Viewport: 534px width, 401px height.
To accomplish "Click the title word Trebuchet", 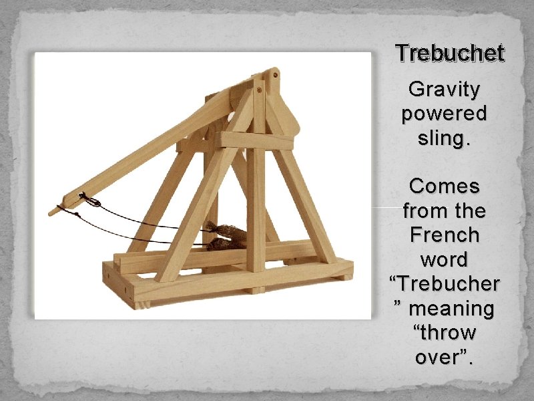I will [449, 53].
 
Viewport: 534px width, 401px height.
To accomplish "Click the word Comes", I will [444, 185].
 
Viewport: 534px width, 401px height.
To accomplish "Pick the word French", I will [444, 235].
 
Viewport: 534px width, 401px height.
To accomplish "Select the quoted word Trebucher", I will [444, 284].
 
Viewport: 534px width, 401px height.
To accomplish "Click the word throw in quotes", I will [444, 332].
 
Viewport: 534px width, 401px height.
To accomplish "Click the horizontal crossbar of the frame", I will [257, 140].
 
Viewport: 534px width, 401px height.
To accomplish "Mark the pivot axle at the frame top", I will [259, 86].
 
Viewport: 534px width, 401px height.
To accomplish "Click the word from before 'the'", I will [421, 211].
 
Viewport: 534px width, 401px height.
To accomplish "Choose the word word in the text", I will [444, 259].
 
